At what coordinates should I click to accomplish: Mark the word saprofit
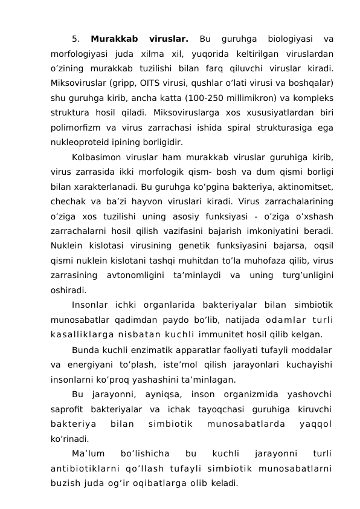68,410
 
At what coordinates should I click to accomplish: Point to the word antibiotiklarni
85,468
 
